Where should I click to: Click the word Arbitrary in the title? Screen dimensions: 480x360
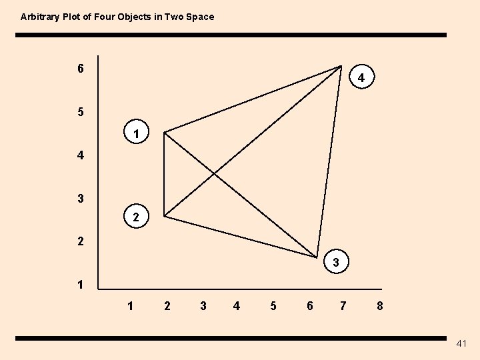click(39, 17)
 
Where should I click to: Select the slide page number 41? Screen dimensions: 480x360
click(462, 343)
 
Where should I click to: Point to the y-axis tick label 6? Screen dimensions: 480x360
click(81, 69)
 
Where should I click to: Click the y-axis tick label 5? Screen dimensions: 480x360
click(81, 112)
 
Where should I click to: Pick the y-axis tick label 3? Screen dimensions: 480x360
click(81, 199)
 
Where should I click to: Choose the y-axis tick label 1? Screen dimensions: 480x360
click(81, 285)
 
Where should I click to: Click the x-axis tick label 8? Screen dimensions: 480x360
click(379, 306)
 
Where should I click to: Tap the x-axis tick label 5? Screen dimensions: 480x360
click(273, 306)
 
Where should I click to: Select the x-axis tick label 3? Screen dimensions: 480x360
click(203, 306)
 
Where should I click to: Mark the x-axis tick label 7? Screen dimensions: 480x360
click(343, 306)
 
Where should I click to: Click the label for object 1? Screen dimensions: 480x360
click(136, 135)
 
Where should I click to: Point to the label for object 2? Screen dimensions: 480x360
click(136, 217)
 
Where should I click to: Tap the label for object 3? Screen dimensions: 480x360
click(336, 263)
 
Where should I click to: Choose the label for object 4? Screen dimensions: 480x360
click(361, 79)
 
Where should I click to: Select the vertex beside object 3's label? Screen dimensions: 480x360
click(317, 257)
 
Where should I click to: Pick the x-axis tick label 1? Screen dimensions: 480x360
click(131, 306)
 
